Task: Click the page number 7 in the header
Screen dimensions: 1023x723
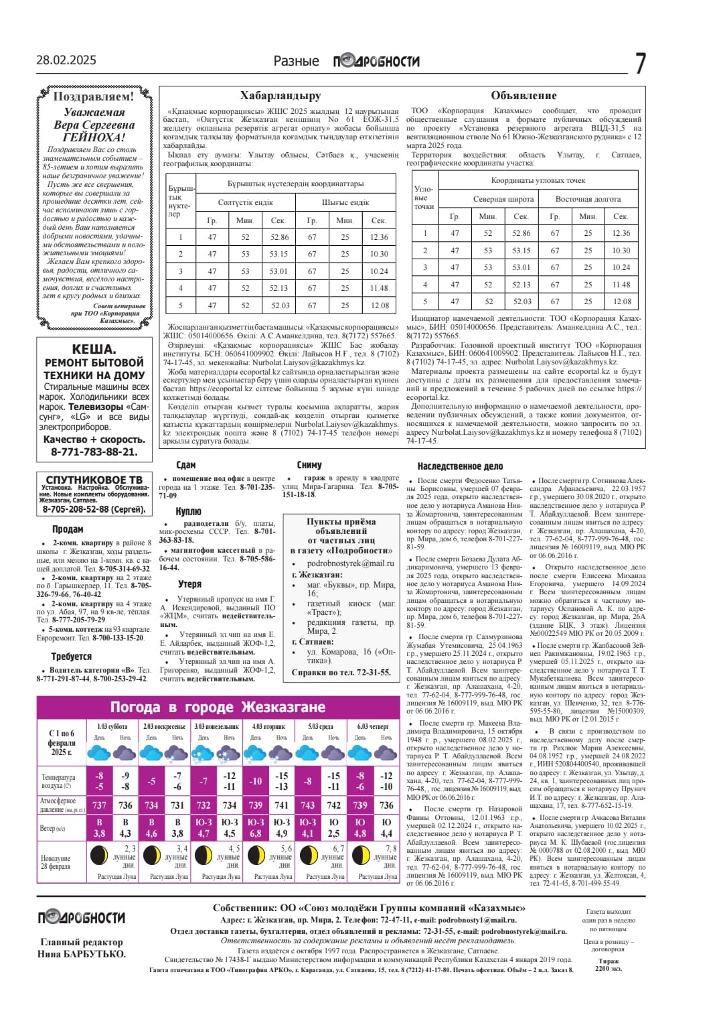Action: [640, 64]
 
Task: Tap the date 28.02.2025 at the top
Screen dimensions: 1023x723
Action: [66, 60]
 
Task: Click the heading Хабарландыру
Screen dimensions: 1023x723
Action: [280, 96]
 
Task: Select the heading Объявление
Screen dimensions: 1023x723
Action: [524, 96]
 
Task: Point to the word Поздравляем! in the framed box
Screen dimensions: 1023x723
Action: [94, 96]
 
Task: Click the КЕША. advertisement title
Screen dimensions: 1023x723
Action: [94, 349]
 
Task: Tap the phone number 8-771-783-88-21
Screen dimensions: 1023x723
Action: [94, 452]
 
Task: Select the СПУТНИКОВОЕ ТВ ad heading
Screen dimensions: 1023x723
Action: [94, 480]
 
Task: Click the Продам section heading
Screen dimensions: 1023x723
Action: [68, 529]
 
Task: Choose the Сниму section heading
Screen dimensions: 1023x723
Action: [309, 465]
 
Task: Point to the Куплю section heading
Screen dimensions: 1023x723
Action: [188, 512]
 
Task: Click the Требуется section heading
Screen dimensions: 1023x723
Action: [72, 657]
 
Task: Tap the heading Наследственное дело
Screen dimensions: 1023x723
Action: [460, 466]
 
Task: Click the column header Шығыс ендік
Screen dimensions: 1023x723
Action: [345, 202]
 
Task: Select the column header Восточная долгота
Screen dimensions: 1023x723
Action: [588, 199]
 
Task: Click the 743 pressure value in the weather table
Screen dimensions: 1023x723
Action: [307, 805]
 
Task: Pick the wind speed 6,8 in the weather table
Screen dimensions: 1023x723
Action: [256, 833]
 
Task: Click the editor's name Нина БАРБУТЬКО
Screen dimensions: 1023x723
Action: [82, 954]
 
